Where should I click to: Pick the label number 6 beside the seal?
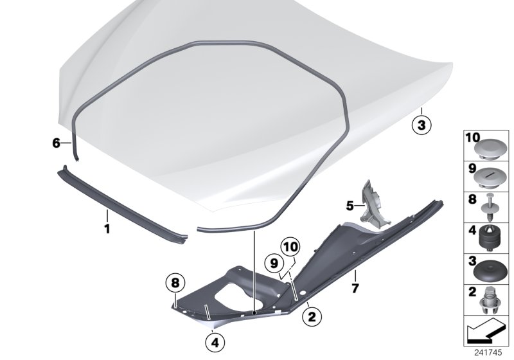click(56, 143)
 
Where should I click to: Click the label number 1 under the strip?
click(107, 228)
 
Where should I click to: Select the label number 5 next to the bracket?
click(350, 206)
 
